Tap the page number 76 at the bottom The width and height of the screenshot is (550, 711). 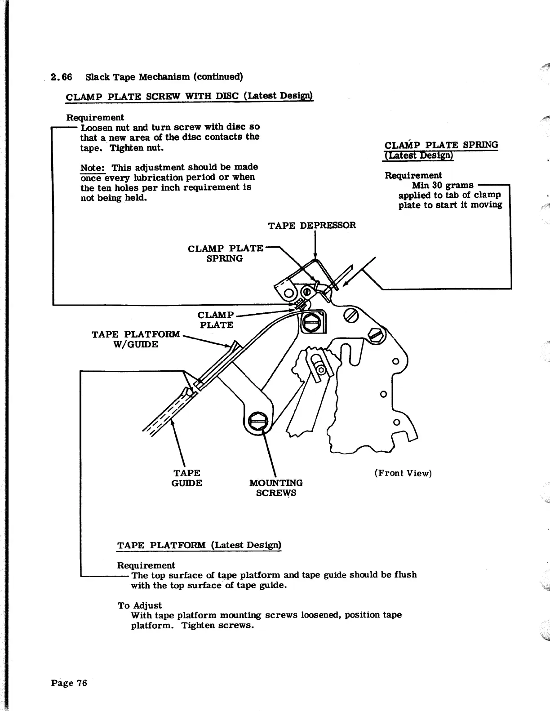68,683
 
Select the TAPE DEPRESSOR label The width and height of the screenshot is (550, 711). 312,225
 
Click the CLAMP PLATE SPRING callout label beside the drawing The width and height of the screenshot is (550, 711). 225,253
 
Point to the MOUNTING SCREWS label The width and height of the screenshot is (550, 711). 276,488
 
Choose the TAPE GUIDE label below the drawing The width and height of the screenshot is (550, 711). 186,478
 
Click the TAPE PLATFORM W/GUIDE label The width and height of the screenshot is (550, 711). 136,339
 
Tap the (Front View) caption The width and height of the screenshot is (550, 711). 403,473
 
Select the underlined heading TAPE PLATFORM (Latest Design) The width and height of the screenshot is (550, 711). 199,545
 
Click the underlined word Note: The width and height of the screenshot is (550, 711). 93,168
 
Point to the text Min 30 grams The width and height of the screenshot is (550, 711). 443,185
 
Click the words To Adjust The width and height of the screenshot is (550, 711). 139,605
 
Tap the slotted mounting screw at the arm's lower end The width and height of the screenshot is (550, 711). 258,421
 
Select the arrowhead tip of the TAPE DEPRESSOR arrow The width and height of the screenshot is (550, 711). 315,258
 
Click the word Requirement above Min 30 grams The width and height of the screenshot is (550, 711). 413,175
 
